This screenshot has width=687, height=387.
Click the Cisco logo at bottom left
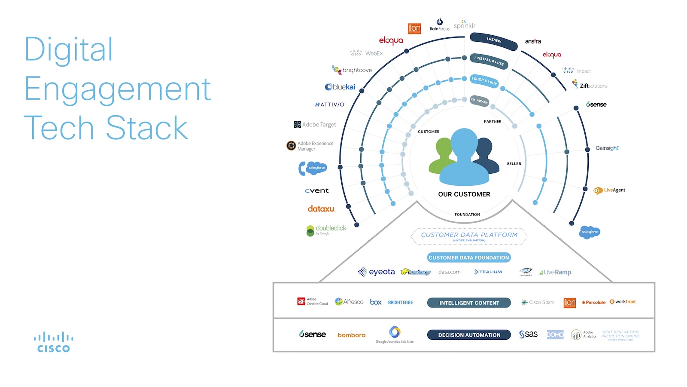(x=54, y=342)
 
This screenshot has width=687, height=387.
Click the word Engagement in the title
(x=117, y=89)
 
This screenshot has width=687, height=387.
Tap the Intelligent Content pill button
(x=469, y=303)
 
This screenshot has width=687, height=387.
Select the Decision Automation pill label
(x=469, y=335)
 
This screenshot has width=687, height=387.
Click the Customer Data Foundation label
(x=468, y=258)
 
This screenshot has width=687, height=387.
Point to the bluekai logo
(x=340, y=87)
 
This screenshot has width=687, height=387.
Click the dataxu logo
(x=321, y=209)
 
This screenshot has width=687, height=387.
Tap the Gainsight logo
(x=607, y=148)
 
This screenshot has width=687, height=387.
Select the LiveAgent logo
(x=609, y=190)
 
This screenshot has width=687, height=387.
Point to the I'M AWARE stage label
(x=479, y=101)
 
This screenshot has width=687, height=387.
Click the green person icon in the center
(x=442, y=155)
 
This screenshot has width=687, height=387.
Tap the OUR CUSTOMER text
(x=464, y=194)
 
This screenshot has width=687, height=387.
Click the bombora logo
(x=351, y=335)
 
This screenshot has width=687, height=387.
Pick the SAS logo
(x=528, y=334)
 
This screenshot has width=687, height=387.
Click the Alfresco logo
(x=349, y=302)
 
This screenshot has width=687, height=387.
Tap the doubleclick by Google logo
(x=326, y=230)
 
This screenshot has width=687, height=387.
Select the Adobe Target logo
(x=315, y=125)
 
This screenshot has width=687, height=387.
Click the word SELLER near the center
(x=514, y=164)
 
